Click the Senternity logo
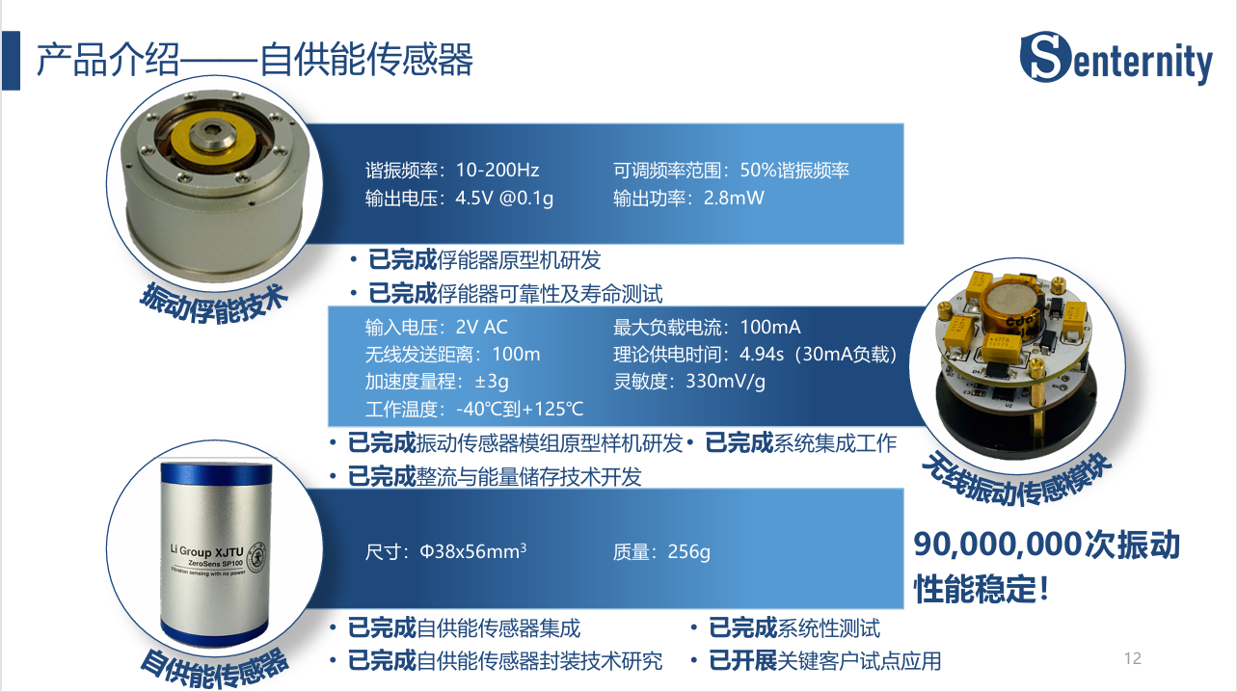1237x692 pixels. [1116, 58]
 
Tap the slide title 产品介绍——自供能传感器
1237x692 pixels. [255, 60]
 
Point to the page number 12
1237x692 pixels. [1133, 658]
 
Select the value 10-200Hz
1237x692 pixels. [497, 170]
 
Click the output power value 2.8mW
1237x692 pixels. [734, 198]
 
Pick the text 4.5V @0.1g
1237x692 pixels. [504, 198]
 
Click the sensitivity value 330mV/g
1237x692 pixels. [726, 382]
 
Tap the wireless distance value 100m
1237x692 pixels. [517, 354]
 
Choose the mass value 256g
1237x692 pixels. [689, 552]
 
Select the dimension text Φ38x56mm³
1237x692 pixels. [473, 551]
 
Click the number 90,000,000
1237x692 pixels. [997, 545]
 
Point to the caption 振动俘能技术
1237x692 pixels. [214, 303]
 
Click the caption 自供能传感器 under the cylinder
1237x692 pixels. [214, 668]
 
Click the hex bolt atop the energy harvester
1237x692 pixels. [213, 134]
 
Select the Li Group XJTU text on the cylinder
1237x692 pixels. [206, 551]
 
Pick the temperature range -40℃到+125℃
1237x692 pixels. [520, 409]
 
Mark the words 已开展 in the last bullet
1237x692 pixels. [742, 660]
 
